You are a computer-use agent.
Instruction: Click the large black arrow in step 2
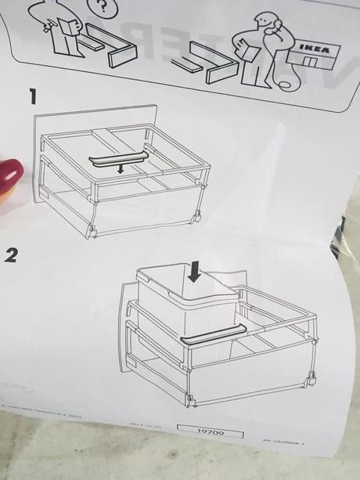click(x=194, y=272)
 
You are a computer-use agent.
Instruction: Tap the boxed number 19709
click(x=209, y=431)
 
